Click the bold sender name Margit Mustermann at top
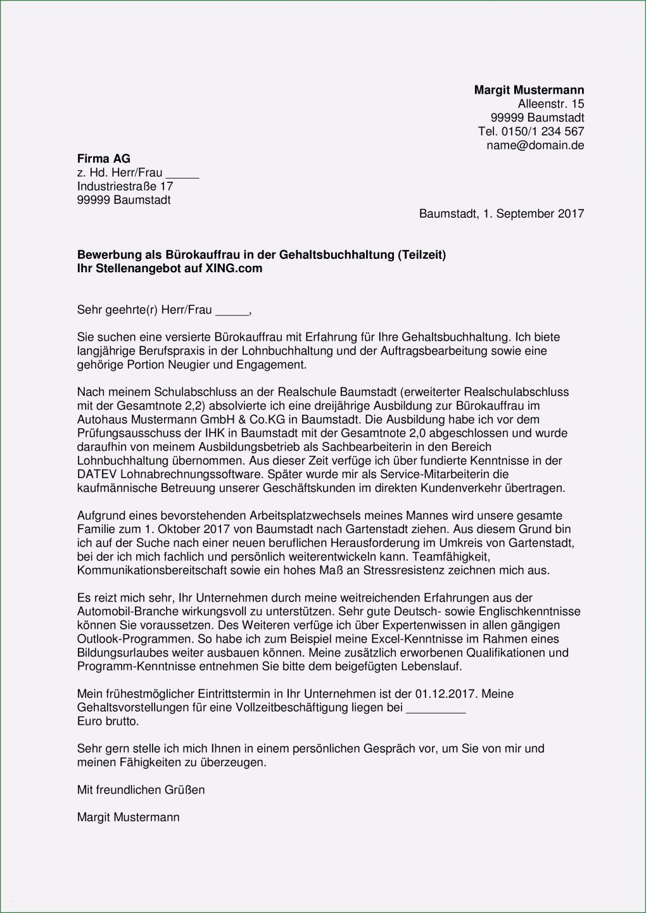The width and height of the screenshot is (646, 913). click(x=529, y=90)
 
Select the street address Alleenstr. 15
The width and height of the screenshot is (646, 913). click(x=551, y=104)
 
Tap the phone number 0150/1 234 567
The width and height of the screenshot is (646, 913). click(x=542, y=132)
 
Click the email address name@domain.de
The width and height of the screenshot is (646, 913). click(x=535, y=146)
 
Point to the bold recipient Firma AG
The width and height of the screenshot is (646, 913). click(x=104, y=159)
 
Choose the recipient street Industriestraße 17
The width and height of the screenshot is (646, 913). click(x=125, y=187)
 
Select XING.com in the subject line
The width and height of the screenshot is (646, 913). click(x=234, y=268)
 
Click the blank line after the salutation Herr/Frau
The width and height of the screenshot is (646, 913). click(x=232, y=310)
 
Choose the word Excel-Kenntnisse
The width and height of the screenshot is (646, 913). click(x=412, y=639)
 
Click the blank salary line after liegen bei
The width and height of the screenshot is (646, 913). click(x=435, y=708)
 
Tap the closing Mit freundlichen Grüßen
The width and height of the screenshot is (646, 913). click(x=141, y=790)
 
